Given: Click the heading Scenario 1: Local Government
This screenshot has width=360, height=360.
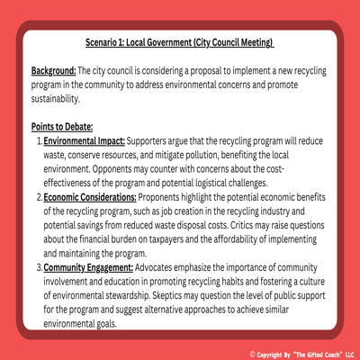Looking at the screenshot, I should pos(180,42).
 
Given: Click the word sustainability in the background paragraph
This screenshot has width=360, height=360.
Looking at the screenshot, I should pos(57,99).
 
